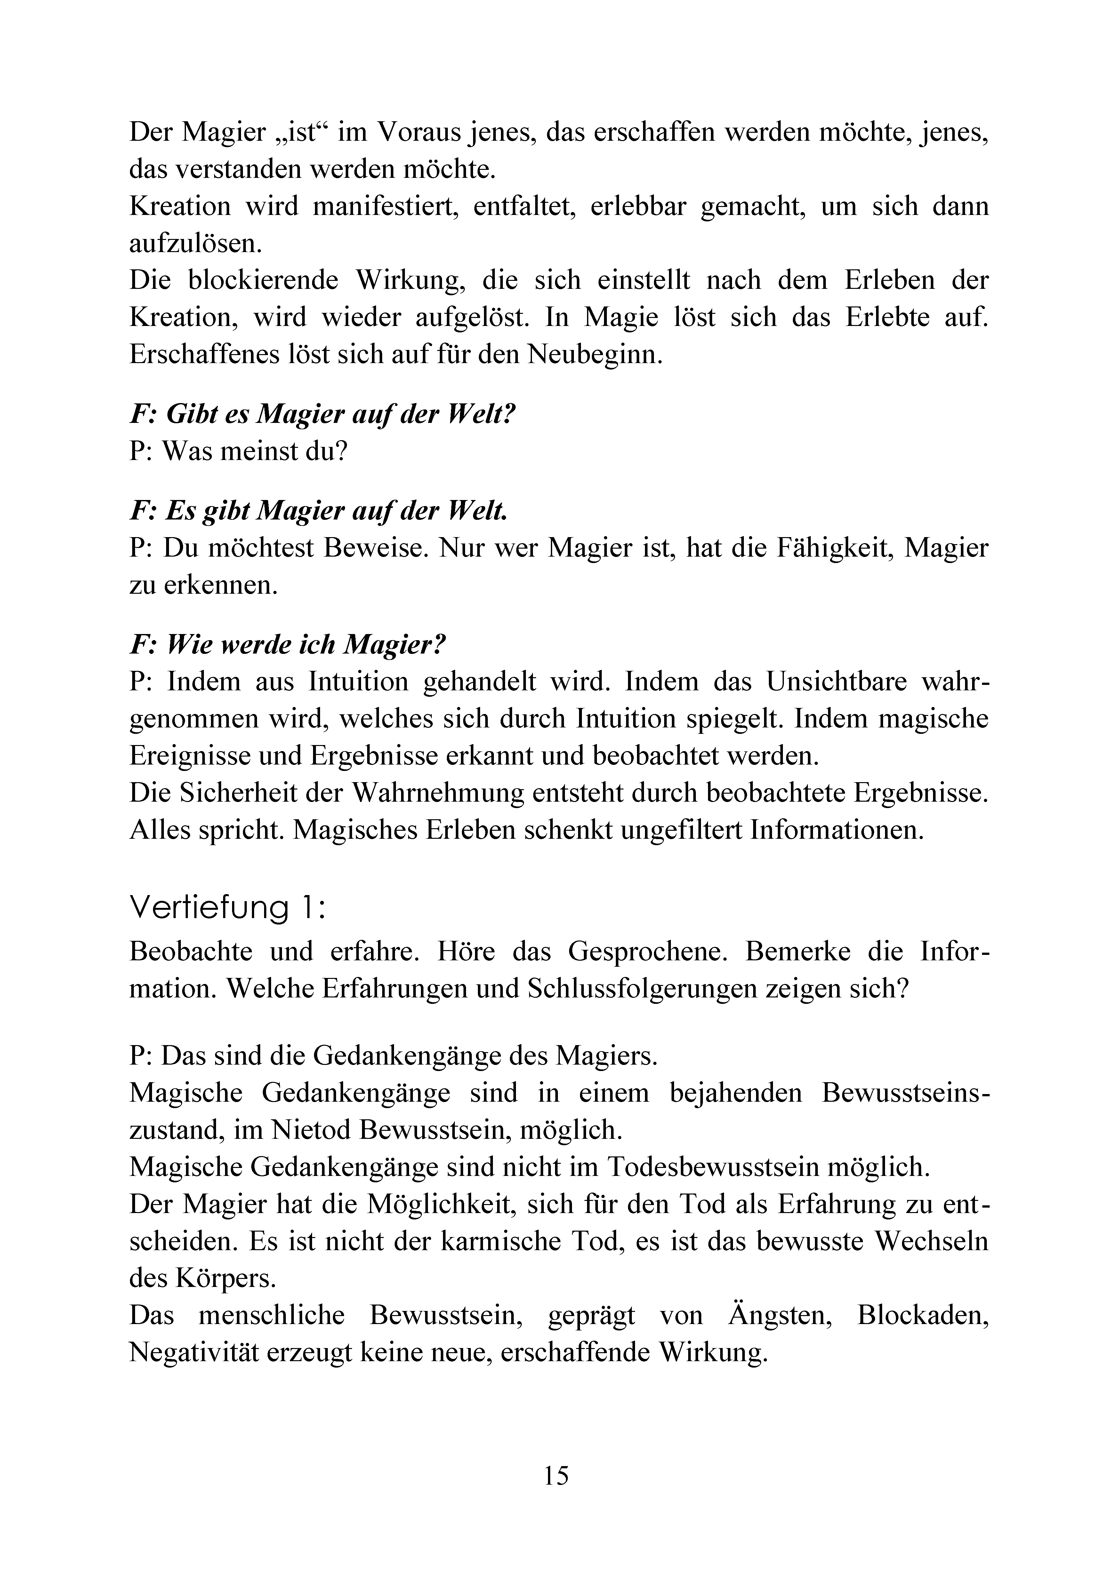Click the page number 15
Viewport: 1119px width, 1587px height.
click(556, 1475)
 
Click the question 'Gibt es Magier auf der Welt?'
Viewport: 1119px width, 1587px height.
click(323, 414)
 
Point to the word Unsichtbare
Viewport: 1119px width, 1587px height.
click(836, 682)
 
